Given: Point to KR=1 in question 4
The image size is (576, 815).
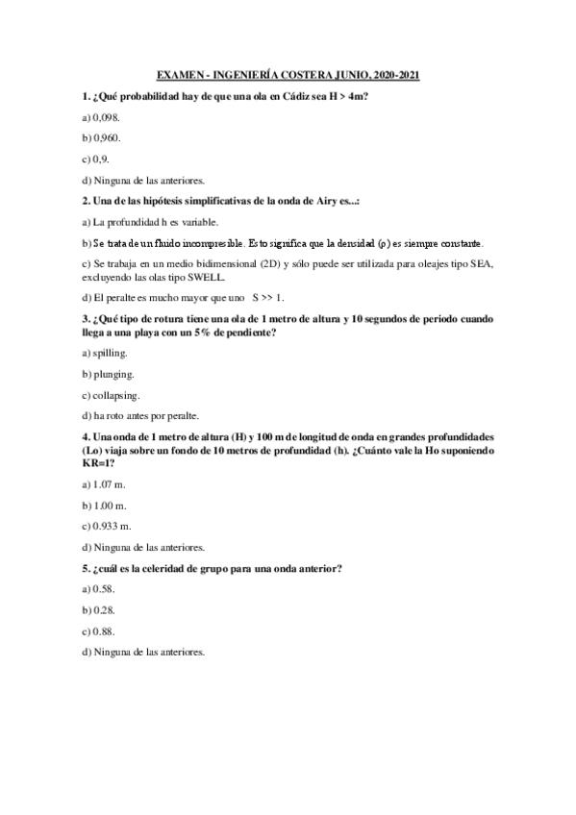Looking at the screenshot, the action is point(100,461).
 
